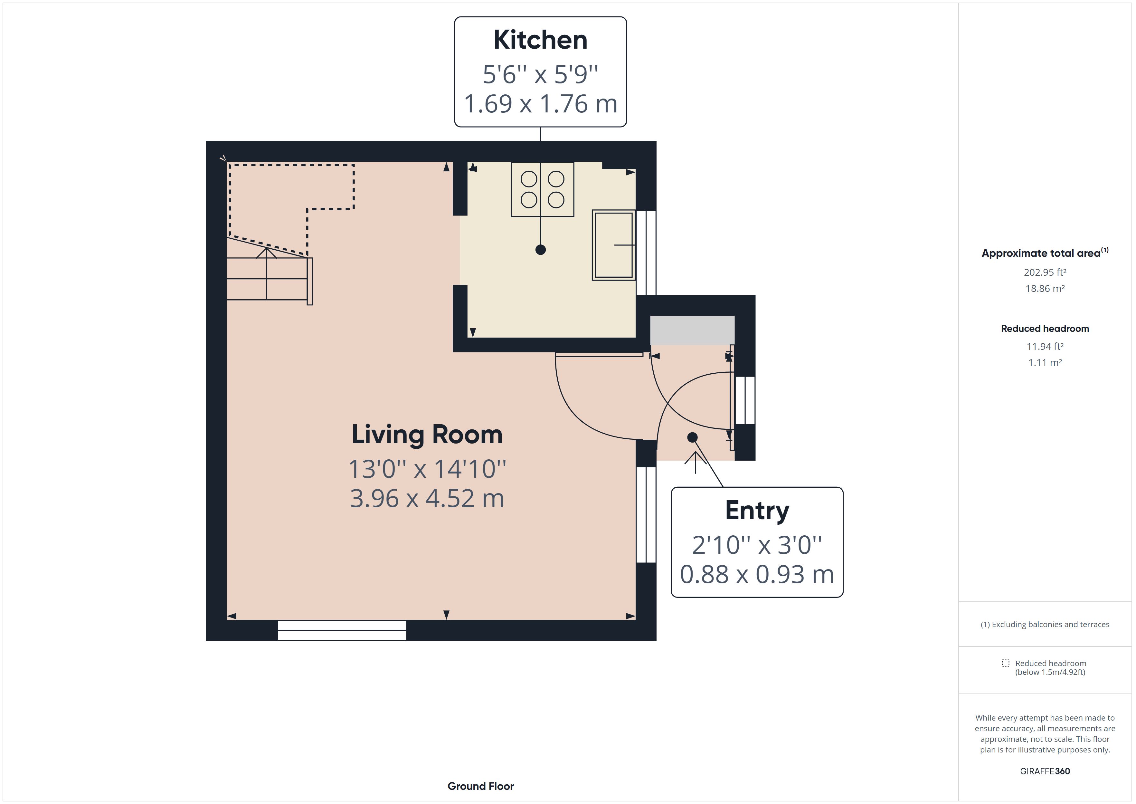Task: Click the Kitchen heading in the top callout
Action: pyautogui.click(x=540, y=40)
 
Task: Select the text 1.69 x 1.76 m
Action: pyautogui.click(x=540, y=104)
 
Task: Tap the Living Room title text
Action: pyautogui.click(x=427, y=435)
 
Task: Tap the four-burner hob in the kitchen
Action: pyautogui.click(x=542, y=190)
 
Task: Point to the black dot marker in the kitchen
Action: pyautogui.click(x=540, y=250)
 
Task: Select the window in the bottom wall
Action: pyautogui.click(x=342, y=630)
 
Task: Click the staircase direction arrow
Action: pyautogui.click(x=267, y=253)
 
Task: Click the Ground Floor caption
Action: pyautogui.click(x=480, y=786)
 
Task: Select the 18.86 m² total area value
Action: pyautogui.click(x=1045, y=289)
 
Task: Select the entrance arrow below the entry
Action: pyautogui.click(x=696, y=463)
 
